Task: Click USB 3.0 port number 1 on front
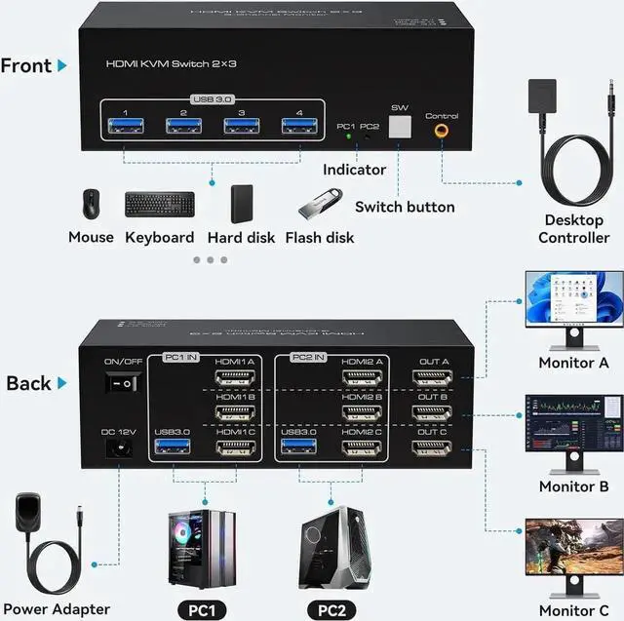[x=124, y=125]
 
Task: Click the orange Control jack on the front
[x=442, y=128]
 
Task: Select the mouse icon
[x=91, y=204]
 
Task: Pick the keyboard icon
[x=159, y=205]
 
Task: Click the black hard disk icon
[x=242, y=204]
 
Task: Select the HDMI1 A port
[x=234, y=377]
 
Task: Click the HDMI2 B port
[x=361, y=412]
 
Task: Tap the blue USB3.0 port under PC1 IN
[x=171, y=447]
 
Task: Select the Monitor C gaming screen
[x=573, y=548]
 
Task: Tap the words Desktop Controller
[x=576, y=229]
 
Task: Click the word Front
[x=26, y=66]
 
